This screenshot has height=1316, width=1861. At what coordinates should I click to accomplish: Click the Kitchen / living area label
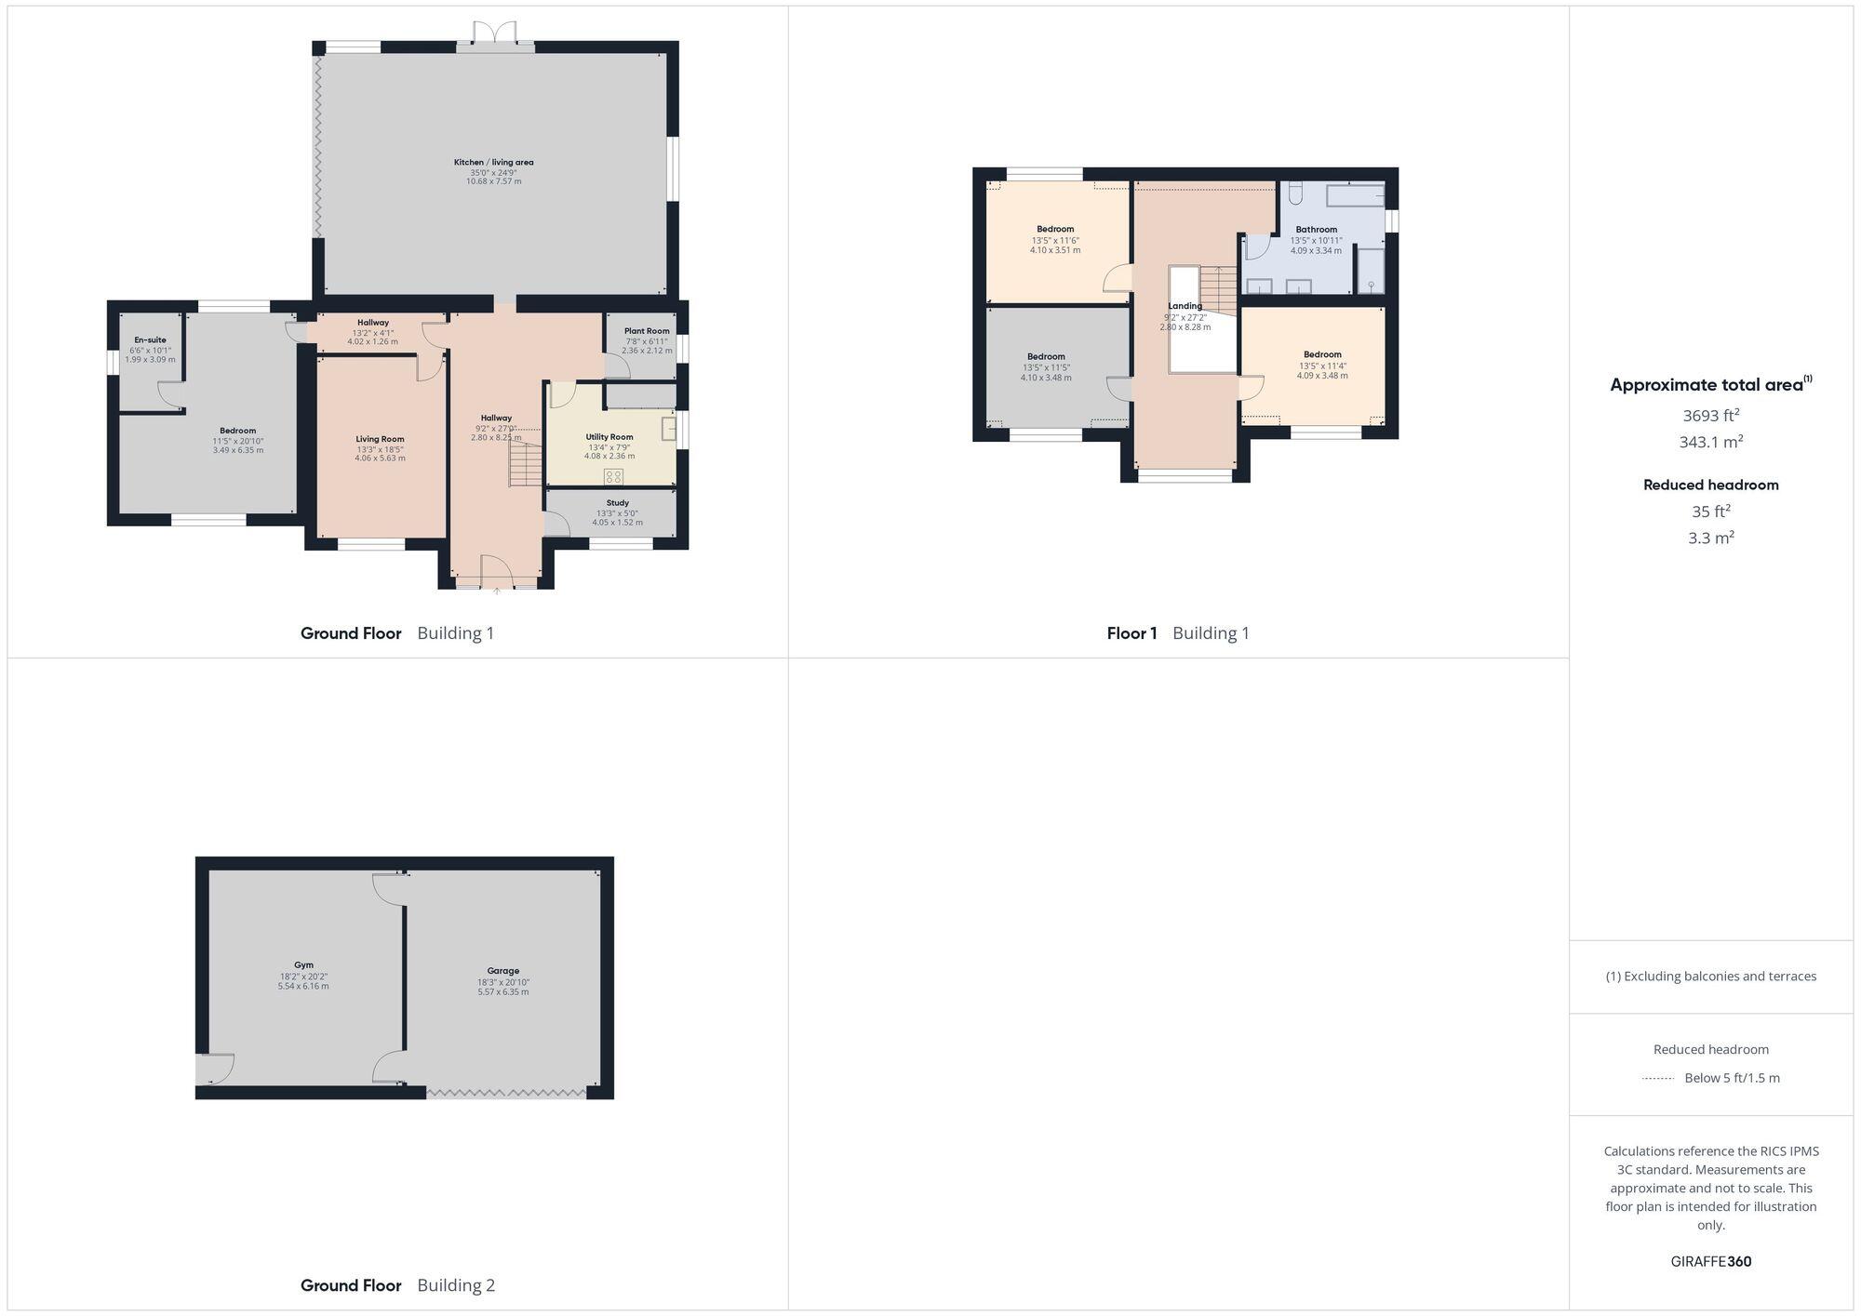tap(493, 163)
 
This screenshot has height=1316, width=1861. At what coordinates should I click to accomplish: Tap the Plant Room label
tap(647, 331)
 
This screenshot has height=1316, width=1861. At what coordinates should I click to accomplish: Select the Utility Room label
tap(609, 437)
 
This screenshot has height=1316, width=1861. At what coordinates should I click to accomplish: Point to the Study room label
tap(617, 503)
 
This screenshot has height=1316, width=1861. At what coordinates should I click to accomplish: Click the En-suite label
tap(150, 340)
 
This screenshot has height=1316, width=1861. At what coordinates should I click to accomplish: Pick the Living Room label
tap(380, 439)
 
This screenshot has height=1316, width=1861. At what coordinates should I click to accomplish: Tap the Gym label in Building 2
tap(303, 965)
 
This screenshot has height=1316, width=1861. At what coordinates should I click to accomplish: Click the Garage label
tap(503, 971)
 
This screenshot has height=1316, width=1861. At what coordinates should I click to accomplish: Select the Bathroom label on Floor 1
tap(1316, 230)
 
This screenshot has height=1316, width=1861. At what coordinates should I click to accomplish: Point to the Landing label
tap(1185, 306)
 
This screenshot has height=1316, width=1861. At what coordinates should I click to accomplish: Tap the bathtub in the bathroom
tap(1355, 196)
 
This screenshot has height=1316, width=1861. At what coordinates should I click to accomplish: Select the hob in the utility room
tap(613, 477)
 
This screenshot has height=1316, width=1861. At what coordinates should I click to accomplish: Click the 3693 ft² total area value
tap(1710, 416)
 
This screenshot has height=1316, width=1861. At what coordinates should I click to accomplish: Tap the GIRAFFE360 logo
tap(1710, 1262)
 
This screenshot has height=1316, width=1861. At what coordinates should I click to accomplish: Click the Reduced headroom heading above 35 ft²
tap(1710, 485)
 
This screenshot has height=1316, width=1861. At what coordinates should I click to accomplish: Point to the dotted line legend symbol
tap(1658, 1079)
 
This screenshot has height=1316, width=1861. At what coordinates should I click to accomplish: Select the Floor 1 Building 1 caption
tap(1178, 633)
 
